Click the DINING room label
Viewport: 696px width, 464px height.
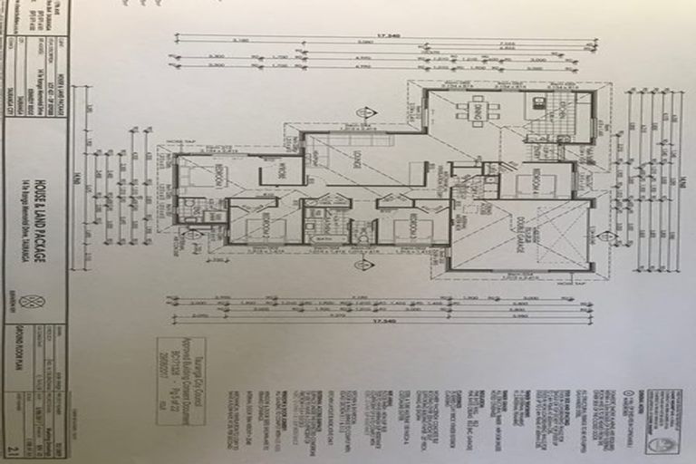[x=465, y=111]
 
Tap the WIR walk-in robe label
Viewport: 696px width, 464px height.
[x=281, y=169]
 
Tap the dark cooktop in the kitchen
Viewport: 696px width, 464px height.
[x=538, y=102]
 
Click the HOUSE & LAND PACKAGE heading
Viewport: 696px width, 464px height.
[x=39, y=217]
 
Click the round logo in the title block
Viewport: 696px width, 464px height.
[x=36, y=302]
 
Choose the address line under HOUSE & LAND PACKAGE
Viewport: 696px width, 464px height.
[x=52, y=217]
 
